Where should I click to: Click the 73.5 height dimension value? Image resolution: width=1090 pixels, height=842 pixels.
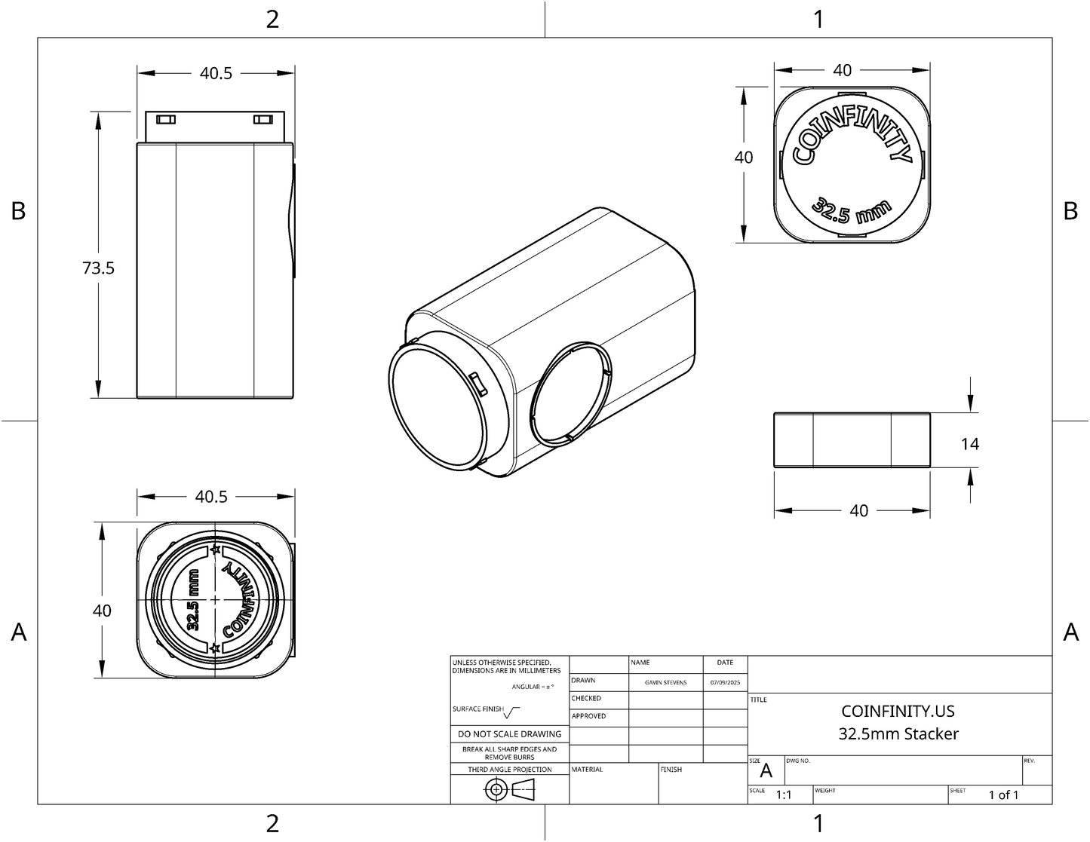(x=99, y=268)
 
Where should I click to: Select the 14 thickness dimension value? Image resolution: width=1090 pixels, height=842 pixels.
(x=970, y=444)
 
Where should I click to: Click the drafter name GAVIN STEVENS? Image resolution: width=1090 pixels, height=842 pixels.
(x=665, y=682)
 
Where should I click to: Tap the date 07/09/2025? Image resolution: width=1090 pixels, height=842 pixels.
(x=725, y=682)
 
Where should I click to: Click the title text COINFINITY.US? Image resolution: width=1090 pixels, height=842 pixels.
(x=898, y=711)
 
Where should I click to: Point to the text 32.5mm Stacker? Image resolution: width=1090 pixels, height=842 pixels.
(x=898, y=733)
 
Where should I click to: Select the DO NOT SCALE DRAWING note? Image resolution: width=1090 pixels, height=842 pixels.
(x=509, y=733)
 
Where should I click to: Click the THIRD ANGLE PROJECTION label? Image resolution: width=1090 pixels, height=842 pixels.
(x=509, y=770)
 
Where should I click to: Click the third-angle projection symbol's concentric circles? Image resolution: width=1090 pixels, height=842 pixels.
(x=496, y=789)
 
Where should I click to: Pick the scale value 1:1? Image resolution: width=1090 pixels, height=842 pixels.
(x=784, y=795)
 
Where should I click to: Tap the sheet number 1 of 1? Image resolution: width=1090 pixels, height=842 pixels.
(x=1003, y=795)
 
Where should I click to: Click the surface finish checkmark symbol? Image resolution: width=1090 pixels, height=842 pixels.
(x=512, y=712)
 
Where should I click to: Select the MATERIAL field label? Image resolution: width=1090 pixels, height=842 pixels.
(x=587, y=770)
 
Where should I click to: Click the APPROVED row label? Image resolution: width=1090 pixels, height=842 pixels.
(x=588, y=716)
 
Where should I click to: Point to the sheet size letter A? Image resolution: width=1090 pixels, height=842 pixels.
(x=766, y=770)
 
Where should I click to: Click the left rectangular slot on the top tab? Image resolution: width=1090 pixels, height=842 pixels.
(x=166, y=120)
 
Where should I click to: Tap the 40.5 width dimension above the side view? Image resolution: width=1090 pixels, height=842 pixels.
(x=216, y=73)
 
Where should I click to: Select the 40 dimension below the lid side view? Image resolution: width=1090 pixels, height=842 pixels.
(x=858, y=510)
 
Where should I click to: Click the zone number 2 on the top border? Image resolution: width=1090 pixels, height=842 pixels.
(x=272, y=20)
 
